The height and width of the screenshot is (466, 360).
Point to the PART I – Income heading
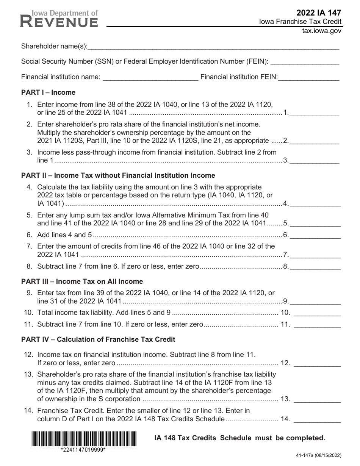48,92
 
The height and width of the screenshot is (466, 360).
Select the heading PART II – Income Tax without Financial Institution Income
118,175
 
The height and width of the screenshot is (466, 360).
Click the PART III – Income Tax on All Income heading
82,281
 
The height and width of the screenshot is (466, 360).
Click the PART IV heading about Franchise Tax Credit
98,339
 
